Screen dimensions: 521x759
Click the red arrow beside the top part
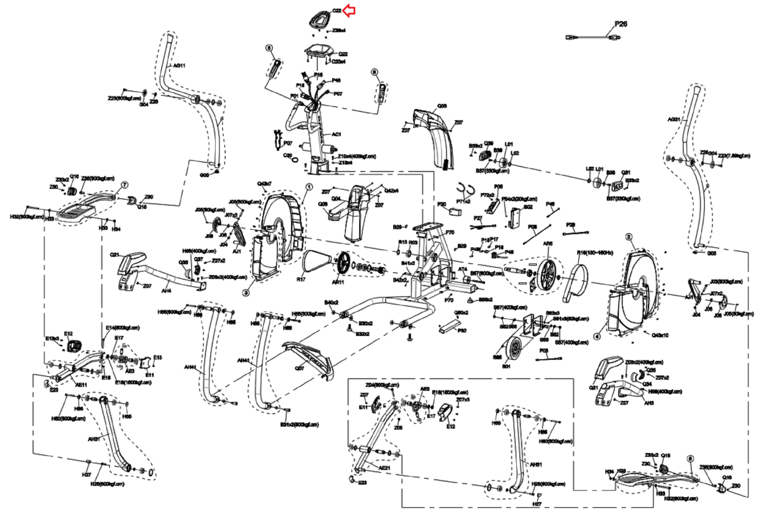click(349, 11)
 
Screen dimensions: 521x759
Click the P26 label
click(620, 24)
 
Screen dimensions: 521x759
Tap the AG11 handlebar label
click(179, 66)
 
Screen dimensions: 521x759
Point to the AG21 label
click(674, 119)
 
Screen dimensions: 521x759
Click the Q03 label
click(442, 106)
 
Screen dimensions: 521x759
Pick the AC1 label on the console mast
click(336, 134)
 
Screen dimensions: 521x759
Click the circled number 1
click(309, 187)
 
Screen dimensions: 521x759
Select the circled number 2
click(629, 237)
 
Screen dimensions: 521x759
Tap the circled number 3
click(246, 293)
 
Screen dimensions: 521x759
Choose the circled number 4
click(597, 337)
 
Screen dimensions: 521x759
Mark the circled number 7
click(125, 185)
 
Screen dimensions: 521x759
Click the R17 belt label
click(301, 279)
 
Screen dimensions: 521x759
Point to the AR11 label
click(338, 283)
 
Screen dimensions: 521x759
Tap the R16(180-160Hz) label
click(595, 253)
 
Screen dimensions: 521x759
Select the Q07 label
click(299, 368)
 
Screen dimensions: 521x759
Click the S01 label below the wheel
click(506, 366)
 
